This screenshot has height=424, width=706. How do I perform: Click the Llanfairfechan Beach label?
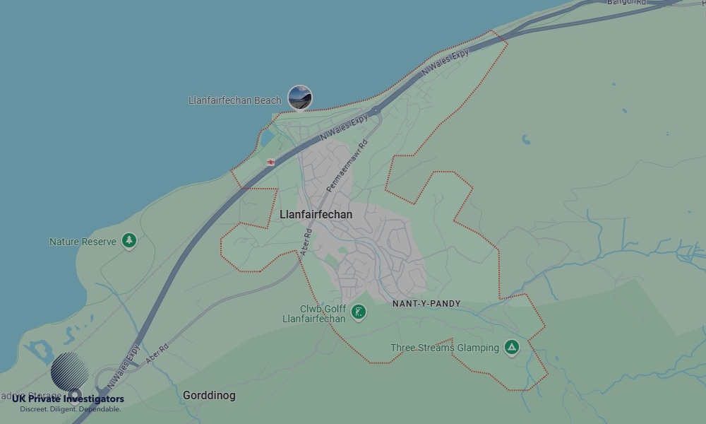pos(234,100)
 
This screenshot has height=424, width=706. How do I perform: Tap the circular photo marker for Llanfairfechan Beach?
pos(300,98)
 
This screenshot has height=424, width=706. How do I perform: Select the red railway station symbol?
pos(270,162)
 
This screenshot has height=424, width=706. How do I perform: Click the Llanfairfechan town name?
pos(316,214)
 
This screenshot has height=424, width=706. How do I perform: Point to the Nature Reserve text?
pos(83,242)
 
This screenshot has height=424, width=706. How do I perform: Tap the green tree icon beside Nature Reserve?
pos(129,241)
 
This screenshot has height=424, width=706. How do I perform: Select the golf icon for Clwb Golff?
pos(359,312)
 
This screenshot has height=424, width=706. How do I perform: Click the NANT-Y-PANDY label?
pos(426,304)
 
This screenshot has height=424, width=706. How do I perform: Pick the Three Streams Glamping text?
pos(445,348)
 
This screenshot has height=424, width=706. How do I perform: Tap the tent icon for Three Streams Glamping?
pos(512,347)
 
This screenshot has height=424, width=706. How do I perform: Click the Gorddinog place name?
pos(209,396)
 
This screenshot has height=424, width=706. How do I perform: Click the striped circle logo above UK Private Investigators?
pos(70,372)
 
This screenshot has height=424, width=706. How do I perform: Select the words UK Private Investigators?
pos(68,399)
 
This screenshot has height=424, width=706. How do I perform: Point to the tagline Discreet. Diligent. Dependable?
pos(70,409)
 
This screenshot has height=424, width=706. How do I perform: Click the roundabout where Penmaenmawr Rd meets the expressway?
pos(377,110)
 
